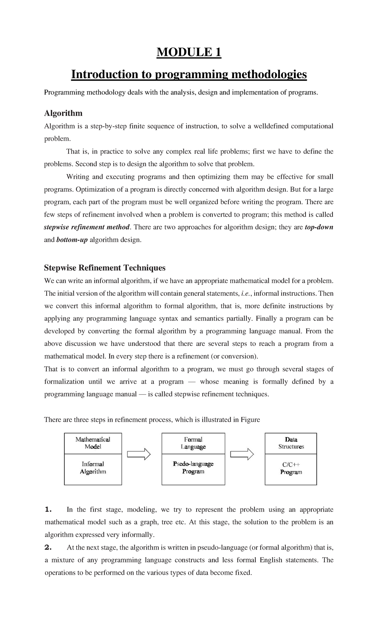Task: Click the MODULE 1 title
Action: (189, 52)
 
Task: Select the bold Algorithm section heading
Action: (63, 113)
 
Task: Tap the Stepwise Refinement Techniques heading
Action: (105, 268)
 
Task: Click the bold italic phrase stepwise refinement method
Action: (87, 227)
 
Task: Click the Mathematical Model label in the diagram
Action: (93, 443)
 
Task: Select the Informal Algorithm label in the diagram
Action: (93, 468)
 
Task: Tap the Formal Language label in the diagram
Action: (193, 443)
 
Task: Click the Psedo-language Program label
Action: (193, 468)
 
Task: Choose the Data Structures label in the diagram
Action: (291, 443)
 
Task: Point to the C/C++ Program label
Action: (291, 468)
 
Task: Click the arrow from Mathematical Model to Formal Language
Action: (139, 454)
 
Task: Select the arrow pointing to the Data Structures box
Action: (242, 454)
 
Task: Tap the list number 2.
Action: (48, 548)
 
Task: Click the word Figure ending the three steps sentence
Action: (250, 420)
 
